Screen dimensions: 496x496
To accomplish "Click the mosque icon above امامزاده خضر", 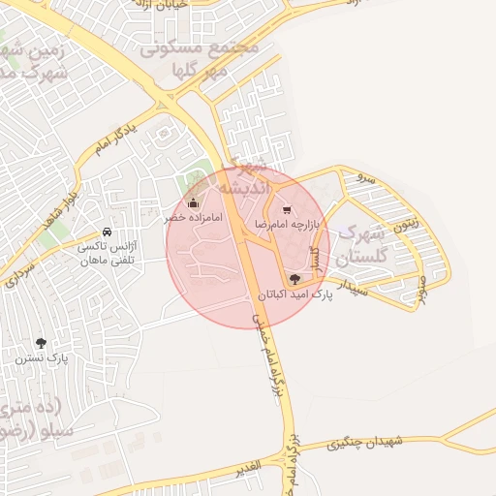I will [x=193, y=203].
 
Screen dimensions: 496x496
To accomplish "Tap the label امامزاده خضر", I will [x=193, y=218].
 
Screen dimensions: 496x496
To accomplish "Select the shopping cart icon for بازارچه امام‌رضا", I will [x=286, y=209].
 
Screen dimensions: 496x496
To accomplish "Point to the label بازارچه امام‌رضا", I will [x=287, y=224].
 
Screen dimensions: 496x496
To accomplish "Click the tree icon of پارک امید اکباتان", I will [x=295, y=279].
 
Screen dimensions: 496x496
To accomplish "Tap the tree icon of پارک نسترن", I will [x=41, y=343].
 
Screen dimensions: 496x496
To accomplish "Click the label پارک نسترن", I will [x=41, y=357].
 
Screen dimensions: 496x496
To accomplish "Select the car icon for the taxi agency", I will [x=106, y=233].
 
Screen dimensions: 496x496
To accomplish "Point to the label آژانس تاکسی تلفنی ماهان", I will [x=108, y=254].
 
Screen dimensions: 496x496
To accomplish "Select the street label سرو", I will [x=366, y=178].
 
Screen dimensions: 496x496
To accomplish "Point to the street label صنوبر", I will [x=421, y=289].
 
